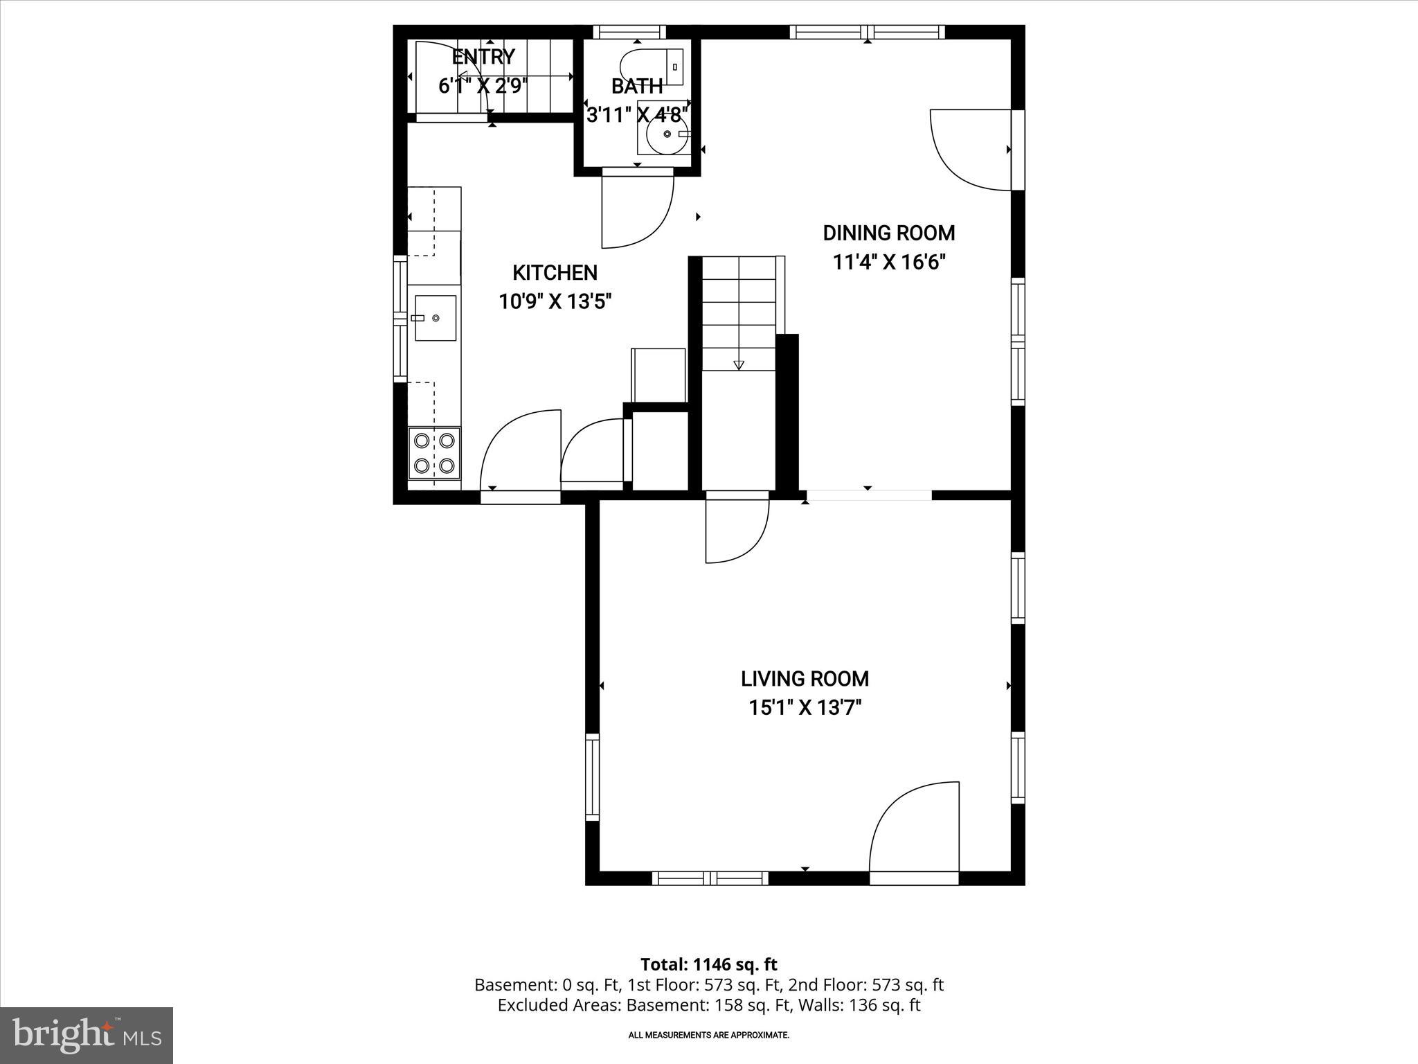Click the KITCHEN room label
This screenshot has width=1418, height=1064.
[x=555, y=273]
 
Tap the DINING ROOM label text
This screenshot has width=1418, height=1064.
[x=888, y=233]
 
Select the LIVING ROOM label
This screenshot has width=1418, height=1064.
[x=805, y=679]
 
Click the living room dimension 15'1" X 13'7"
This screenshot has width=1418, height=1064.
[x=805, y=708]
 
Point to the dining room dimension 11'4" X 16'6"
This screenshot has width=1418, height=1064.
[x=888, y=263]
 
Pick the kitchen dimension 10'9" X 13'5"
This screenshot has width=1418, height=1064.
[x=555, y=302]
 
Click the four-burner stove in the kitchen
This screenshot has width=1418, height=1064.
[x=434, y=453]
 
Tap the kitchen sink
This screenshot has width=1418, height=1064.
[x=436, y=318]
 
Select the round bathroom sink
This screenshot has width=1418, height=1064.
[x=666, y=135]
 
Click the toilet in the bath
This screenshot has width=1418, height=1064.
[x=651, y=66]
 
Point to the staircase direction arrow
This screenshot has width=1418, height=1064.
[x=738, y=364]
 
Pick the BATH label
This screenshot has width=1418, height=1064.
[x=636, y=87]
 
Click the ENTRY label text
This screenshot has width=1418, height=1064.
[x=483, y=57]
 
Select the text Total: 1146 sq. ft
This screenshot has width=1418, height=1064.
[x=708, y=964]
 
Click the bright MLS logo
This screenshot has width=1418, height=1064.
[x=87, y=1036]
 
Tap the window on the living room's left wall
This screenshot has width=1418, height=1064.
[x=592, y=777]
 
